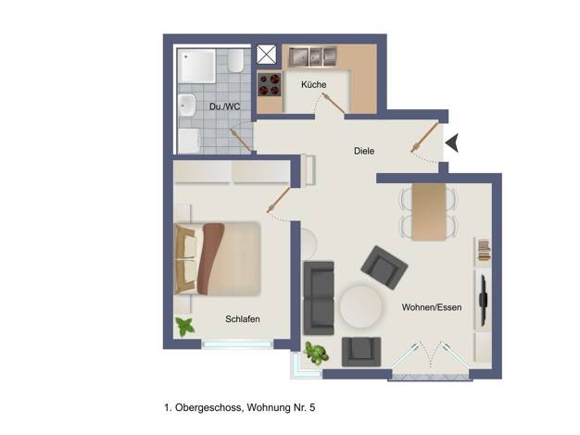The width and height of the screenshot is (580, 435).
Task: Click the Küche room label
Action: click(x=314, y=84)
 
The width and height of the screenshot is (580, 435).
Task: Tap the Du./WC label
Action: click(x=224, y=106)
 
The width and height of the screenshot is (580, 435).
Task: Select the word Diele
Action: click(x=364, y=151)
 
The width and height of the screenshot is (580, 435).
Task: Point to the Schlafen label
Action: click(x=243, y=319)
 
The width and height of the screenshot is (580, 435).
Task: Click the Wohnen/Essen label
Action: click(x=432, y=307)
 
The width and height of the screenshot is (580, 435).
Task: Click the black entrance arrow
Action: click(x=452, y=143)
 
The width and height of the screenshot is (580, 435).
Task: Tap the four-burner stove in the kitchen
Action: click(x=270, y=84)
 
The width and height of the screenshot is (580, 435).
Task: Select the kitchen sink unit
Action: click(x=312, y=56)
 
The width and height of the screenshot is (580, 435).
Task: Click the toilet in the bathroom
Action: click(x=235, y=60)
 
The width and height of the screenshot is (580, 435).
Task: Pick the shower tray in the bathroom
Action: click(x=196, y=66)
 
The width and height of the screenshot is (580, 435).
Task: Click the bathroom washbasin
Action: click(x=187, y=105)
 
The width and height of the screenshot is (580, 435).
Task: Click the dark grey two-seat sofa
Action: click(x=319, y=298)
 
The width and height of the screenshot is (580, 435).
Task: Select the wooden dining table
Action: click(x=429, y=212)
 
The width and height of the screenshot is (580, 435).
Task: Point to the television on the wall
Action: click(x=483, y=300)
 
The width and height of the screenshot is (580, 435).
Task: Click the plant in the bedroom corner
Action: click(x=184, y=327)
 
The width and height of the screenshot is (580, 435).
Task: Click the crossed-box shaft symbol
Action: click(x=266, y=55)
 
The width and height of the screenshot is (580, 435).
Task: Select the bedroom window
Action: click(x=237, y=344)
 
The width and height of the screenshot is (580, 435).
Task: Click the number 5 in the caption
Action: click(x=312, y=407)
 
